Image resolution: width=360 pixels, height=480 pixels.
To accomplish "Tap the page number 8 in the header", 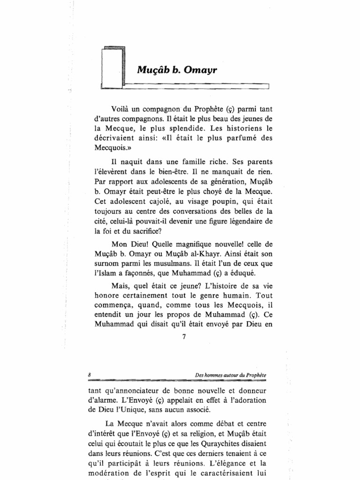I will coord(89,375).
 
